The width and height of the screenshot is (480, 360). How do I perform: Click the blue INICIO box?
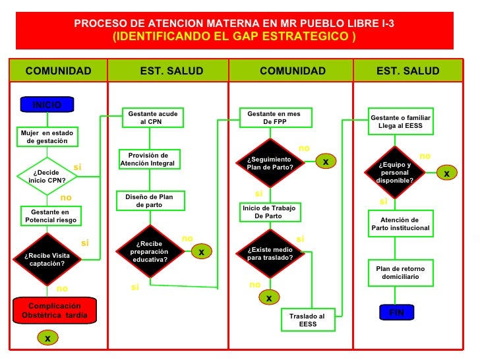(x=47, y=105)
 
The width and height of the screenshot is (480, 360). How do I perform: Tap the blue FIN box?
(x=396, y=313)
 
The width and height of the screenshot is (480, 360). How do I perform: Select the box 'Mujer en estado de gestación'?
(x=47, y=136)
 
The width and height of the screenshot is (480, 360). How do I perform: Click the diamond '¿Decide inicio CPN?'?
(x=47, y=176)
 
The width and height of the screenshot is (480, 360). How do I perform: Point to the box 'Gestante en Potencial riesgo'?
(x=51, y=216)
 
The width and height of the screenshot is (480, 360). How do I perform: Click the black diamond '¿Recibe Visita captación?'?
(x=47, y=259)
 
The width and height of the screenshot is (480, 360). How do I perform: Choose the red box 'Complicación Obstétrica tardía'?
(x=55, y=310)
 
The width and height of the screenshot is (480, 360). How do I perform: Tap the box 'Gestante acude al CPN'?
(x=153, y=118)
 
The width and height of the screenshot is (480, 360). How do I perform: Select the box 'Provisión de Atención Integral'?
(x=148, y=159)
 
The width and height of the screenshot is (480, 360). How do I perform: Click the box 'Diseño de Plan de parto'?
(x=149, y=200)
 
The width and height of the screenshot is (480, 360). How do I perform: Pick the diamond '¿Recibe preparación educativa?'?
(x=150, y=251)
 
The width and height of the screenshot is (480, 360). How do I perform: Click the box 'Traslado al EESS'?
(x=307, y=320)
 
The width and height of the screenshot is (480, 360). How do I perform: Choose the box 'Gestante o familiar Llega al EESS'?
(x=400, y=121)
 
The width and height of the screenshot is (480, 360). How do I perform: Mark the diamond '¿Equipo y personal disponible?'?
(x=395, y=172)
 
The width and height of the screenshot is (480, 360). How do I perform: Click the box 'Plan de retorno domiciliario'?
(x=400, y=272)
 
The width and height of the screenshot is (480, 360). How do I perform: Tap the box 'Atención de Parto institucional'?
(x=400, y=224)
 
